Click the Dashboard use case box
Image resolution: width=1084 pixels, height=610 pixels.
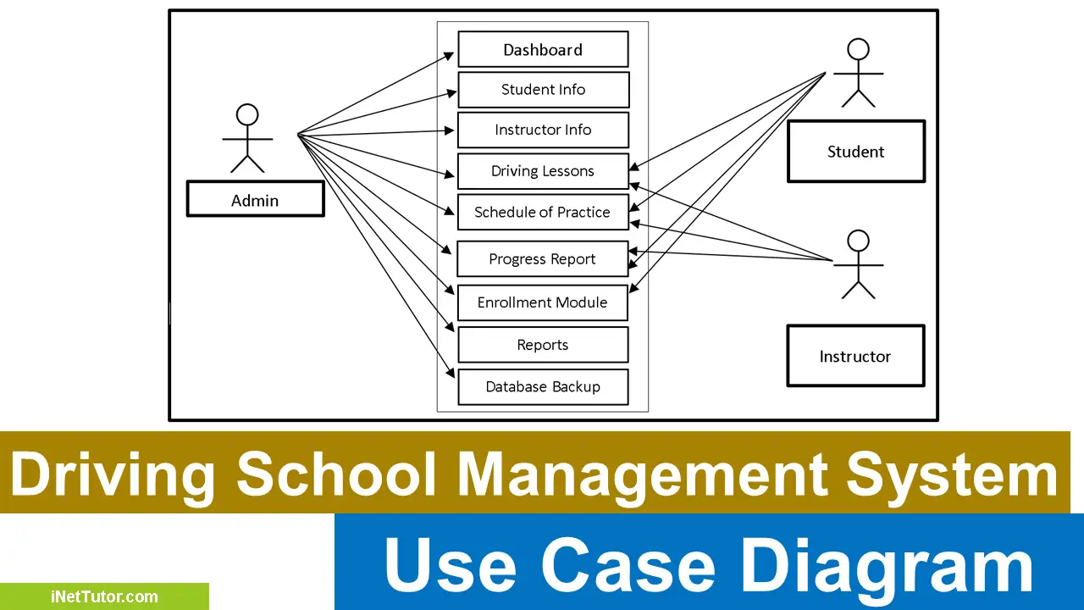(543, 49)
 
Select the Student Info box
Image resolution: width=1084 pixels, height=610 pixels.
(543, 90)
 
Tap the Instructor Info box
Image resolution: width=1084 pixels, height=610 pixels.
(543, 130)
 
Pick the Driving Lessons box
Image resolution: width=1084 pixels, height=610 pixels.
(543, 171)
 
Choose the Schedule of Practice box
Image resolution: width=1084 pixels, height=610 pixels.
(543, 212)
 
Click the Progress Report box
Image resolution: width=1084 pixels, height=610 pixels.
(543, 259)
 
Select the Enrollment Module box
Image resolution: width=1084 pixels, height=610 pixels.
(543, 302)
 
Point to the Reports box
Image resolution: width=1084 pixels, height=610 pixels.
(543, 345)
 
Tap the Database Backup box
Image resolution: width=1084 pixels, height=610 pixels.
(543, 387)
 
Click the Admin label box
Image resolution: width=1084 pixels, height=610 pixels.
(255, 200)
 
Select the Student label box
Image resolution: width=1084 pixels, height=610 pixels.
(855, 152)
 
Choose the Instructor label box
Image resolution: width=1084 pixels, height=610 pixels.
(855, 356)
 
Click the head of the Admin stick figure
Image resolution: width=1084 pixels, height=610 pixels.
(247, 114)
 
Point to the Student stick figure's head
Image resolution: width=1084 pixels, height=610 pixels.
(859, 48)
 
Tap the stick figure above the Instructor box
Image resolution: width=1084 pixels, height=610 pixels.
(859, 263)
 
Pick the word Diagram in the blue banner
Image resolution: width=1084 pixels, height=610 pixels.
(888, 566)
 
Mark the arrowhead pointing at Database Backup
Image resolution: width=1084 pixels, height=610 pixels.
(452, 373)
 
